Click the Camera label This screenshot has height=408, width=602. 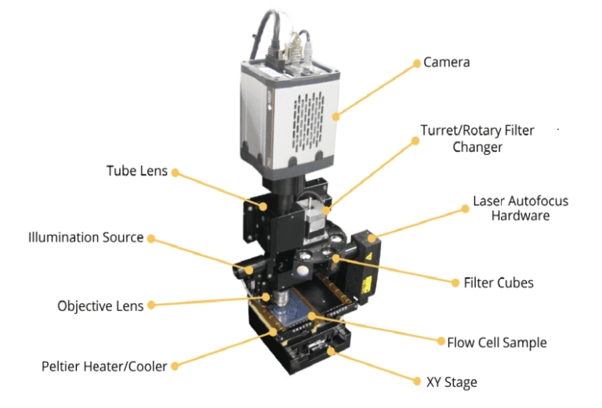[x=446, y=62]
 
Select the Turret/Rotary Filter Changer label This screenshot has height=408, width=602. [x=477, y=138]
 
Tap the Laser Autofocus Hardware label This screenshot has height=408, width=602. [x=520, y=208]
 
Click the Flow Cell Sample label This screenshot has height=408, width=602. [x=496, y=342]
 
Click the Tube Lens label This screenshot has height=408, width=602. [x=137, y=171]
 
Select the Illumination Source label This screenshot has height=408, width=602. [x=86, y=236]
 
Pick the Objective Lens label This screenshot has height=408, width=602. [x=100, y=305]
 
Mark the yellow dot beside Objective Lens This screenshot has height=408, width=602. [x=151, y=305]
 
